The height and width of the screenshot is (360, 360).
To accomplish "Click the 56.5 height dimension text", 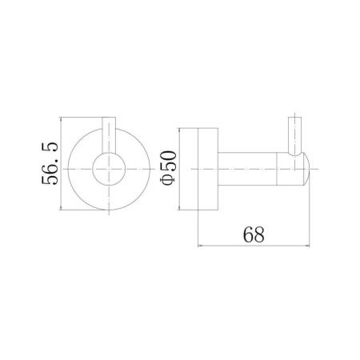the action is coord(50,163).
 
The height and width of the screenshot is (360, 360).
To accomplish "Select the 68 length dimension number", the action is coord(254,234).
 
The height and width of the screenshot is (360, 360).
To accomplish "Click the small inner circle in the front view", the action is coord(109,169).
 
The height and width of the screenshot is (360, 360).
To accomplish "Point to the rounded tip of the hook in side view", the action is coord(306,169).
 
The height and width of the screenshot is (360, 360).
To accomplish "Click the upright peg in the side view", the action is coord(295,135).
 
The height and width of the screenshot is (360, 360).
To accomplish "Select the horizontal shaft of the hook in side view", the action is coord(247,169).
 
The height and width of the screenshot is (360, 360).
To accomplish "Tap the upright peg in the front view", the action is coord(109,135).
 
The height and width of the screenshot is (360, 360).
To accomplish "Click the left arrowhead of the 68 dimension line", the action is coord(200,245).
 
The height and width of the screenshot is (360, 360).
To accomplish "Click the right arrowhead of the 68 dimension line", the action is coord(307,245).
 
